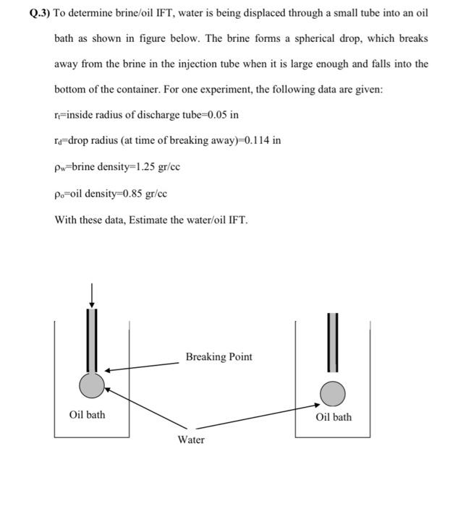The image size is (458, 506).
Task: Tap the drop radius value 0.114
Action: [253, 140]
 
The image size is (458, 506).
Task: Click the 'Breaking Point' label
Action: [219, 357]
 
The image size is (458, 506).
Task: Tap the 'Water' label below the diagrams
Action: [191, 439]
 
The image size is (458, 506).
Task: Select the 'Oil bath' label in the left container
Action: [87, 414]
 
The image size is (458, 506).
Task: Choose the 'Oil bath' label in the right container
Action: [334, 417]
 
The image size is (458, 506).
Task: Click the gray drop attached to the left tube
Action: [92, 385]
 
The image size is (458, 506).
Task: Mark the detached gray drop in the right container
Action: [334, 393]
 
